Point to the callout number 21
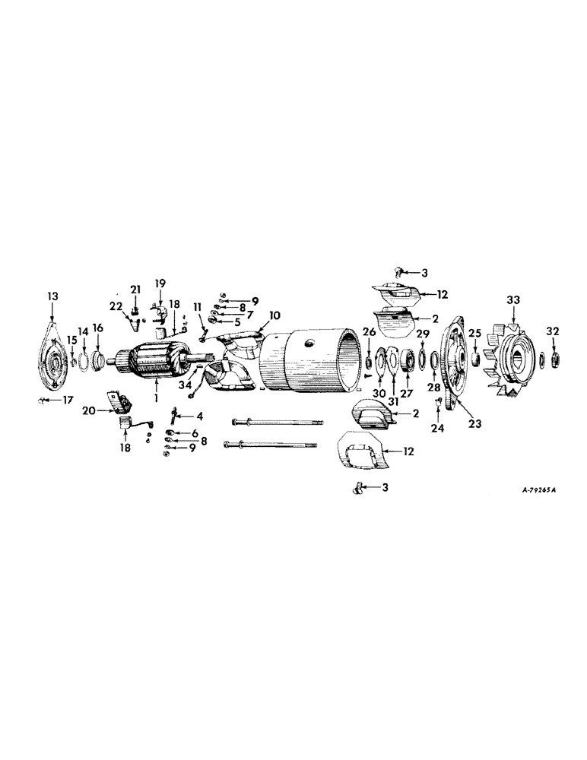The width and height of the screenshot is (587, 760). pyautogui.click(x=135, y=290)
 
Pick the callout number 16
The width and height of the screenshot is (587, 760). pyautogui.click(x=97, y=328)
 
